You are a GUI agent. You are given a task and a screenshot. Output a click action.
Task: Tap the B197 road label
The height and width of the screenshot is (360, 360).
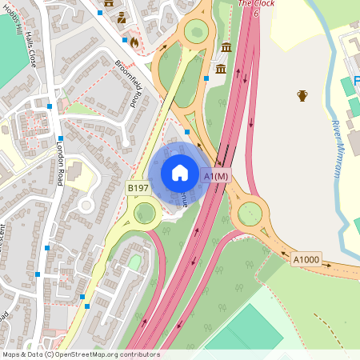[137, 187]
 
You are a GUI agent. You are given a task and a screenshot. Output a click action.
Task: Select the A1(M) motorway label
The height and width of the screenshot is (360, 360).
[216, 176]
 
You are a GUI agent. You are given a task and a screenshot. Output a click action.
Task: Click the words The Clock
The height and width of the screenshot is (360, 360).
[256, 3]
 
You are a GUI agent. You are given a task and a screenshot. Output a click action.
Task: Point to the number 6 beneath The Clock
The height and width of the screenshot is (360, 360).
[256, 14]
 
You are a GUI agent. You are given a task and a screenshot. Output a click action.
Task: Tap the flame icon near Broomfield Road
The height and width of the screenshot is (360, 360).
[134, 42]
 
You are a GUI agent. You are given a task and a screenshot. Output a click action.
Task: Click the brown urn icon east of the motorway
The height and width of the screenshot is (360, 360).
[302, 96]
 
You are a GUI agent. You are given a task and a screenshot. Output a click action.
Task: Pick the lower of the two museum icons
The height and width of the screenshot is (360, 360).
[220, 70]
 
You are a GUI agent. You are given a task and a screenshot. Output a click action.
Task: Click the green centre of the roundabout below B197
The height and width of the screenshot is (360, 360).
[145, 213]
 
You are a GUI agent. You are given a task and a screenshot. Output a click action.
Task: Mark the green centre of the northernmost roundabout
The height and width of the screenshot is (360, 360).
[196, 33]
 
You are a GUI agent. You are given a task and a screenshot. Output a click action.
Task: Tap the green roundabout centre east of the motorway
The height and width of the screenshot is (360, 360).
[250, 213]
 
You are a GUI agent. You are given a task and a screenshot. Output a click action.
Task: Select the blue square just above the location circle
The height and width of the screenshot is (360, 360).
[187, 131]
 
